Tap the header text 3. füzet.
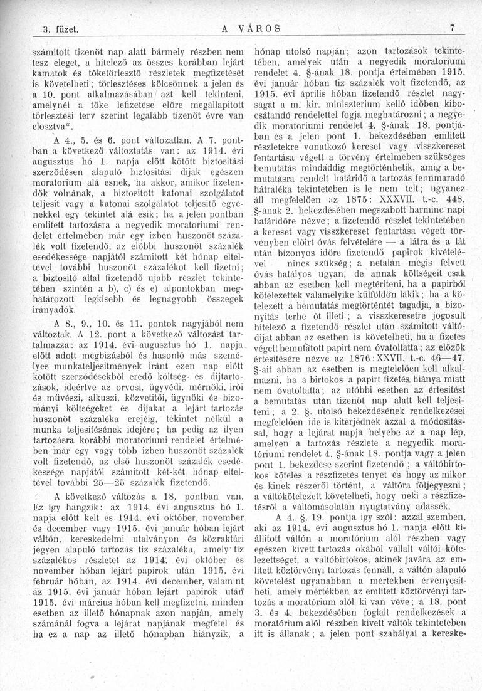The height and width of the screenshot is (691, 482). point(55,29)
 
